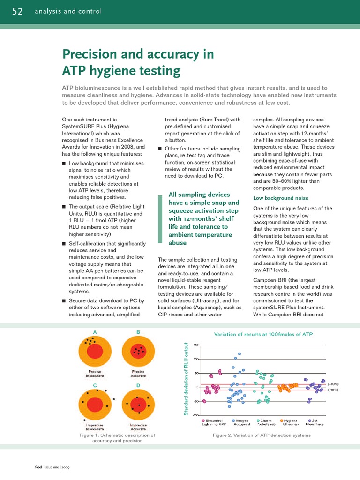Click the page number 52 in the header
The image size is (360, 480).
17,11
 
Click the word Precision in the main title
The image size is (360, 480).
90,54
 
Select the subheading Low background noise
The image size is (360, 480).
280,198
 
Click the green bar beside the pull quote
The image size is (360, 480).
160,219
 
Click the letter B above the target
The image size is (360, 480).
138,332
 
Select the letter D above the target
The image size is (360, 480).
138,385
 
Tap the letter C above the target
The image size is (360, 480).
95,385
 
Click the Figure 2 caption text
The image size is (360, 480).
262,435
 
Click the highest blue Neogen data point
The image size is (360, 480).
240,353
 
